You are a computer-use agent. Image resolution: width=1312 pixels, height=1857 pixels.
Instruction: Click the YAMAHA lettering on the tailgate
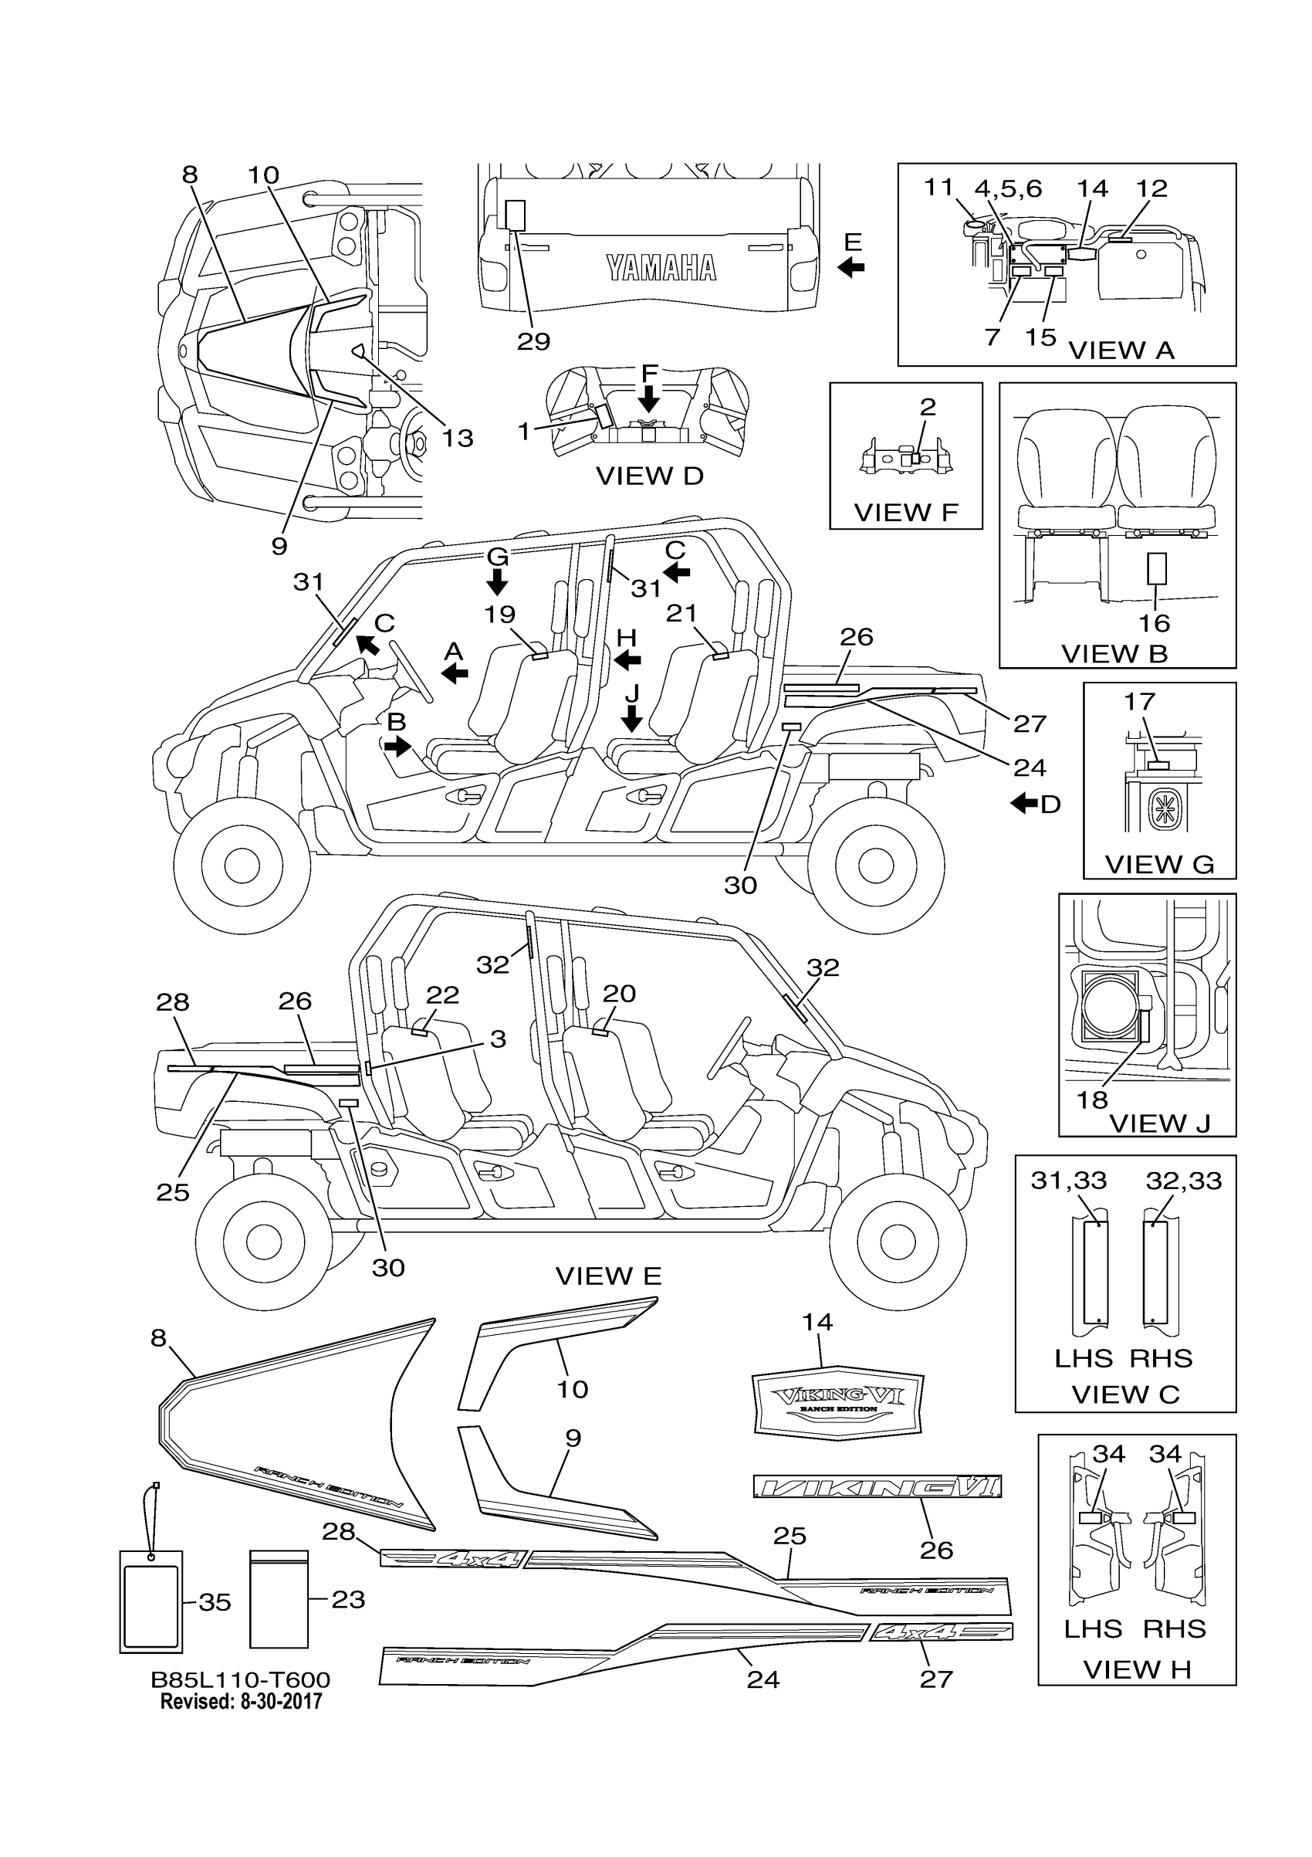click(661, 268)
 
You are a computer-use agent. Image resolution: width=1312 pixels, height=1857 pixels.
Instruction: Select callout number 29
click(533, 341)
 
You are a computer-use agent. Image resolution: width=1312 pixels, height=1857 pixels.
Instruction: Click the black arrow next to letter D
click(1024, 803)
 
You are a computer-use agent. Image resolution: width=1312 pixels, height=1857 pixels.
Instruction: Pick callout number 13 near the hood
click(457, 438)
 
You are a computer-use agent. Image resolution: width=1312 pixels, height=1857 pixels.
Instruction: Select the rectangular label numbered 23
click(279, 1599)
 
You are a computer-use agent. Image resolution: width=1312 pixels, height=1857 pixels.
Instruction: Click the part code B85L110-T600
click(241, 1680)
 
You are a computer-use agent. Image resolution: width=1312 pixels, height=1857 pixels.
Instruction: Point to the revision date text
click(241, 1701)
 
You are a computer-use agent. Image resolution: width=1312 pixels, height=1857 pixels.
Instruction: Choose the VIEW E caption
click(608, 1276)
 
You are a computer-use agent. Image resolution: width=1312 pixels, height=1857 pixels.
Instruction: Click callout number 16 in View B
click(1155, 623)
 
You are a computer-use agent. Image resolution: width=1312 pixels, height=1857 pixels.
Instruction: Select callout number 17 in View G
click(1139, 701)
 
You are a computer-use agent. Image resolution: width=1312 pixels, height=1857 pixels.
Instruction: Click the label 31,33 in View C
click(1068, 1180)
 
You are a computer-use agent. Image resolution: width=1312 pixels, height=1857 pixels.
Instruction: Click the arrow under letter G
click(497, 581)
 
